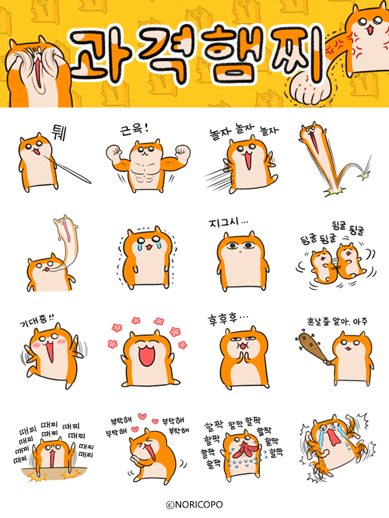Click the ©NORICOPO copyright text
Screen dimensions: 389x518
click(194, 504)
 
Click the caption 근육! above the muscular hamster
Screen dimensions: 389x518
click(134, 129)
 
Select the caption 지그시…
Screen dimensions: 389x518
click(228, 223)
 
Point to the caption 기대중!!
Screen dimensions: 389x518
click(37, 321)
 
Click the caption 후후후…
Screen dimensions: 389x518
click(228, 319)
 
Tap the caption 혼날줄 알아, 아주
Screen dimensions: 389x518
click(337, 321)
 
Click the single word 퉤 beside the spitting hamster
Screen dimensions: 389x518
click(59, 133)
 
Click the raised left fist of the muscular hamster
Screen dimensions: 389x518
click(114, 153)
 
